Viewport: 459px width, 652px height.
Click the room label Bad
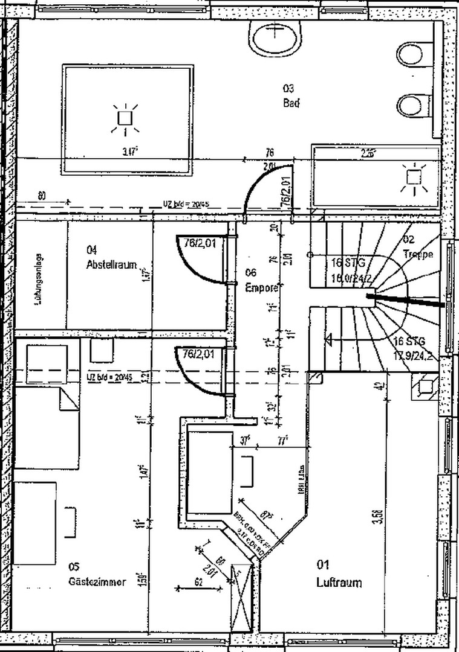coord(291,103)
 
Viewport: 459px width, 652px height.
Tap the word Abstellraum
coord(111,264)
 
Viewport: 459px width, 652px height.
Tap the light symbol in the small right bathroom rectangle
coord(414,177)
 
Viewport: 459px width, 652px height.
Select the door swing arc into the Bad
coord(260,181)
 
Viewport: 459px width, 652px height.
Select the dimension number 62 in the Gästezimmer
coord(198,583)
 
